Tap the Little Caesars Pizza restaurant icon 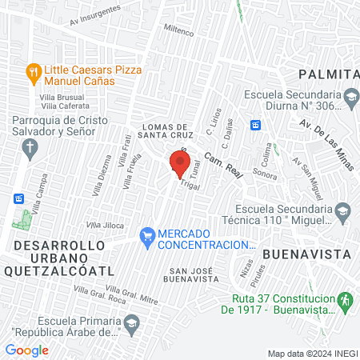pyautogui.click(x=33, y=71)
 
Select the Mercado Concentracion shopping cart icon pyautogui.click(x=146, y=236)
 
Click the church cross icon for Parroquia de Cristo pyautogui.click(x=30, y=146)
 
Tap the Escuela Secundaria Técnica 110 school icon pyautogui.click(x=342, y=211)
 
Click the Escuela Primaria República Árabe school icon pyautogui.click(x=132, y=325)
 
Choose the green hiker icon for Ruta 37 pyautogui.click(x=346, y=301)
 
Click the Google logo pyautogui.click(x=26, y=350)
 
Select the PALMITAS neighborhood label pyautogui.click(x=328, y=74)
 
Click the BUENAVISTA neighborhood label pyautogui.click(x=308, y=254)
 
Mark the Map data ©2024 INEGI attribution pyautogui.click(x=312, y=354)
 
